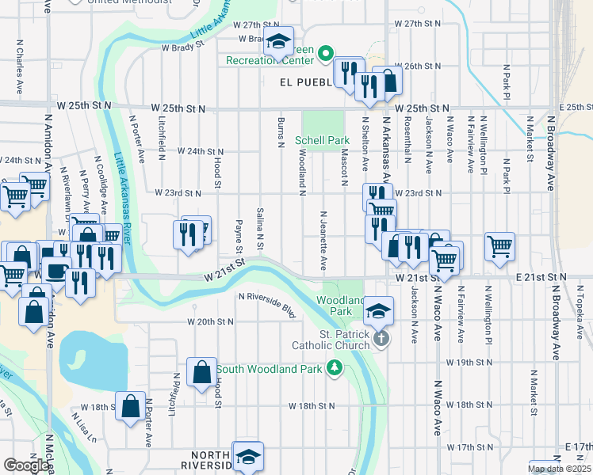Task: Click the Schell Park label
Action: click(322, 140)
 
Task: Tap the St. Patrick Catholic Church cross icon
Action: click(381, 339)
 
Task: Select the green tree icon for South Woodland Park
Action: click(335, 368)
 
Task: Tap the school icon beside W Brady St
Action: click(278, 41)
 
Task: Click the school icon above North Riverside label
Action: click(248, 456)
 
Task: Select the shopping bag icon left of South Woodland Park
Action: click(202, 370)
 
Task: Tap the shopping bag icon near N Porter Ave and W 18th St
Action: click(131, 406)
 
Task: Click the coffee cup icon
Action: click(55, 269)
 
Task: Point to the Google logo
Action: click(26, 465)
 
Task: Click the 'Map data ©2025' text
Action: click(560, 469)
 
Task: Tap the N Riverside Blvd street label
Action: click(267, 305)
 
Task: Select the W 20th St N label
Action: click(210, 322)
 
